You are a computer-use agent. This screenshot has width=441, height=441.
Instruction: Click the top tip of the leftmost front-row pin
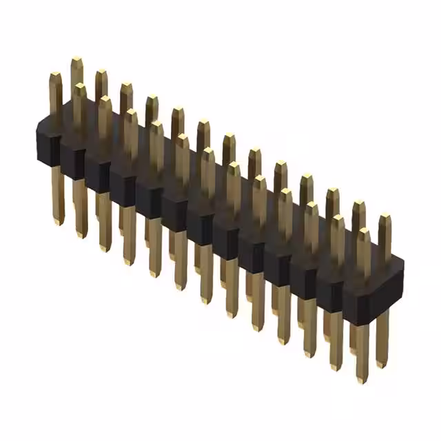coord(55,74)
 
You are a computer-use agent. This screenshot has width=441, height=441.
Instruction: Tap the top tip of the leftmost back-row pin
coord(76,61)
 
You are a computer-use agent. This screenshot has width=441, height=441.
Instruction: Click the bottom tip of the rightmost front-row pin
coord(362,379)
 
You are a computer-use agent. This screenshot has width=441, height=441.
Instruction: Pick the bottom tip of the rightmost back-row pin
coord(381,364)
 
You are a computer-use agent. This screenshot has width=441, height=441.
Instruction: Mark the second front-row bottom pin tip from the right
coord(336,367)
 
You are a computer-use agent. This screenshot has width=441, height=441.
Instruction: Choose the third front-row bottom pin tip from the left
coord(105,247)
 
